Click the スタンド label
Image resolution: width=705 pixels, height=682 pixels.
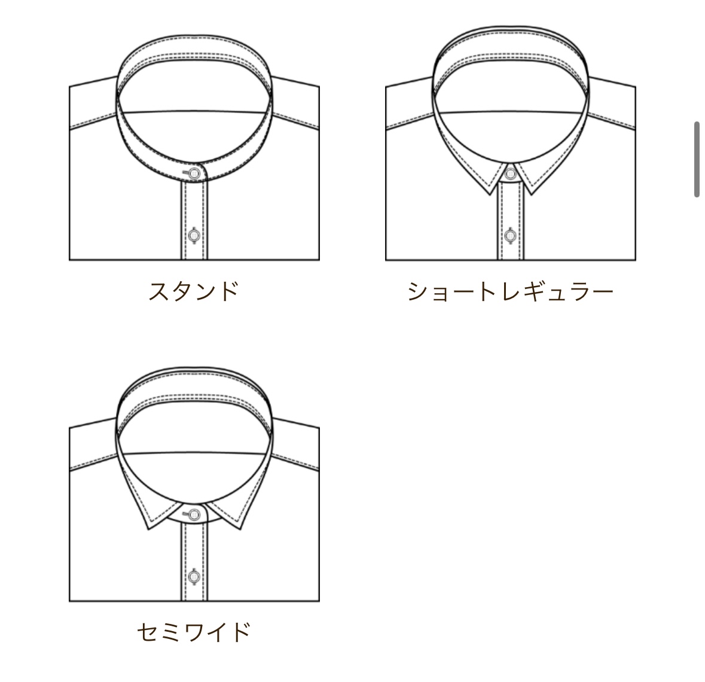(x=193, y=291)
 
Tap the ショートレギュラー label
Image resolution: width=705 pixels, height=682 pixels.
(x=510, y=291)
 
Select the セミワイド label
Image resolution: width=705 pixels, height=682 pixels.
(x=193, y=632)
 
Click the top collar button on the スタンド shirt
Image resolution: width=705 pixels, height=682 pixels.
(x=194, y=173)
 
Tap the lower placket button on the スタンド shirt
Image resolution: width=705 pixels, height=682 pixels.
(x=194, y=235)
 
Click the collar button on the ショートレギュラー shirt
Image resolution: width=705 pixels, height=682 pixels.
(x=510, y=173)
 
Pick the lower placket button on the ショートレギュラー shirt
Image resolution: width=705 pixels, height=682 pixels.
(x=510, y=235)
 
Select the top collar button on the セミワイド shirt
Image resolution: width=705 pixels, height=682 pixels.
(x=194, y=514)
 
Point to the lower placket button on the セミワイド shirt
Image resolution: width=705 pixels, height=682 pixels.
(x=194, y=576)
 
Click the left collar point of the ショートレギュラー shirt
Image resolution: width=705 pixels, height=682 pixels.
(x=490, y=194)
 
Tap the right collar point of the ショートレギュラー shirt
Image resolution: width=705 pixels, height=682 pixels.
(x=531, y=194)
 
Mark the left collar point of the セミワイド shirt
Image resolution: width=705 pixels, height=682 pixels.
(x=149, y=529)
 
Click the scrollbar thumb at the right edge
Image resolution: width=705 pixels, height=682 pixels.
(x=697, y=159)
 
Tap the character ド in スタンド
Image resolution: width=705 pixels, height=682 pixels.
(x=227, y=291)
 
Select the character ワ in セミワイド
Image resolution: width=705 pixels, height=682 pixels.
(x=193, y=632)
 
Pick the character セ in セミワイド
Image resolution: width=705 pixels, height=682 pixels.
(x=148, y=632)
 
